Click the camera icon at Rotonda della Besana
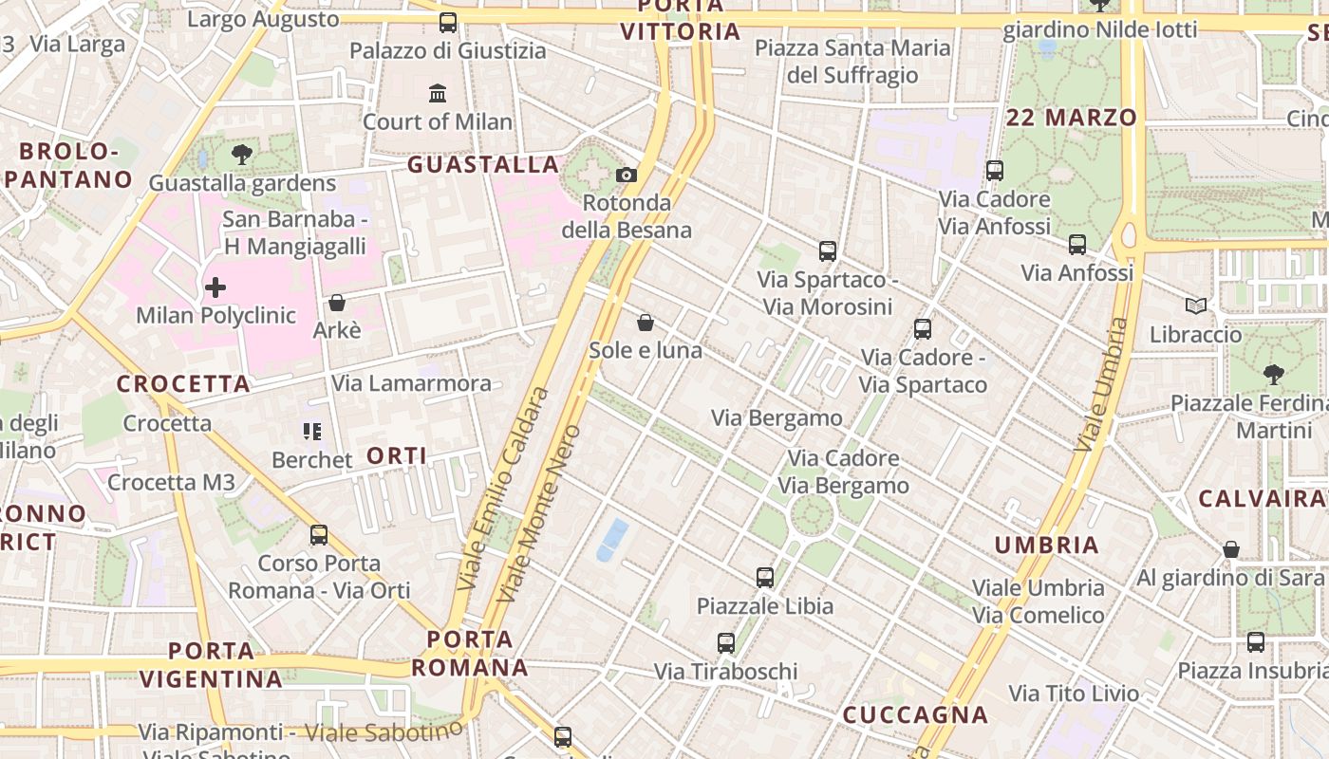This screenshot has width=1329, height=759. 627,175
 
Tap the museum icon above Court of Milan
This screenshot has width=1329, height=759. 438,94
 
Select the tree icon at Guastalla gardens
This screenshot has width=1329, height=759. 242,155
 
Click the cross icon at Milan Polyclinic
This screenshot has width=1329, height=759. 215,287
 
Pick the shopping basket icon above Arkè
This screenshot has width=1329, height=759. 336,303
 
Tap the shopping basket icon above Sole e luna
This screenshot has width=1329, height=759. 646,323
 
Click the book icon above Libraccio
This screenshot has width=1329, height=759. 1196,306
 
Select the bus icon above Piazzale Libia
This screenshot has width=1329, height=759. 765,577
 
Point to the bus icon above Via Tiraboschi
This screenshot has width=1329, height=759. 726,643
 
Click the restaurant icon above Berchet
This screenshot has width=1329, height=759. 311,432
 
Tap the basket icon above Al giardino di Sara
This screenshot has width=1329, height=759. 1231,549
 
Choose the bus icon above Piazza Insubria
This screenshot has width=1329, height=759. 1256,642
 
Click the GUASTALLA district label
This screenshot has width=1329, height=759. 483,165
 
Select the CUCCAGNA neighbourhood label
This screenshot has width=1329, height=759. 916,715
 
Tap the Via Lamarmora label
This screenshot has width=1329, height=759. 411,383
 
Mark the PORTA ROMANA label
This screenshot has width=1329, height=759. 470,653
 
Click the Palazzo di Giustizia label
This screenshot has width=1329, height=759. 448,50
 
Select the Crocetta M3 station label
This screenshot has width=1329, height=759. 171,482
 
